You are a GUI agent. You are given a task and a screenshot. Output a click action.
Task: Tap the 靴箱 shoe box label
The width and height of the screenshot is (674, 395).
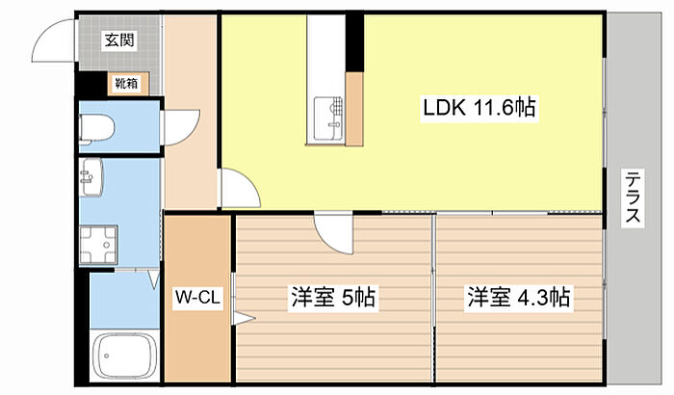coord(126,84)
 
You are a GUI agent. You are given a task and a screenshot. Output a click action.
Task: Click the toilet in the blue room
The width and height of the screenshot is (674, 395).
coord(97,127)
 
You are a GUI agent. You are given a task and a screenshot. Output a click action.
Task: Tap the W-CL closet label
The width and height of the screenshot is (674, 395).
coord(198,299)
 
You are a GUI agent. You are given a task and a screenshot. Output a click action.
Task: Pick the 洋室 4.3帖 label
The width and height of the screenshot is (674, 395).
coord(519,297)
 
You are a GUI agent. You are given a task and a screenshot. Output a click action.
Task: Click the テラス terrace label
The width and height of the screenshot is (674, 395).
coord(633,197)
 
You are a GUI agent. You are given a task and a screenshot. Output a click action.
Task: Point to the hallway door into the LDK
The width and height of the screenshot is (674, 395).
coord(238,188)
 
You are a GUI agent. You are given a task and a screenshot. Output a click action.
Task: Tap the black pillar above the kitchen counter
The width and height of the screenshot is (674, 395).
coord(356,41)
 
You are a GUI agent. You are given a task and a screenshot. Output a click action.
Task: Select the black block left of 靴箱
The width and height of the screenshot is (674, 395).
coord(92,85)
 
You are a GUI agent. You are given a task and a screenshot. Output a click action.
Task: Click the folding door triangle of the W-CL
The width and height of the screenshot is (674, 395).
coord(241,317)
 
